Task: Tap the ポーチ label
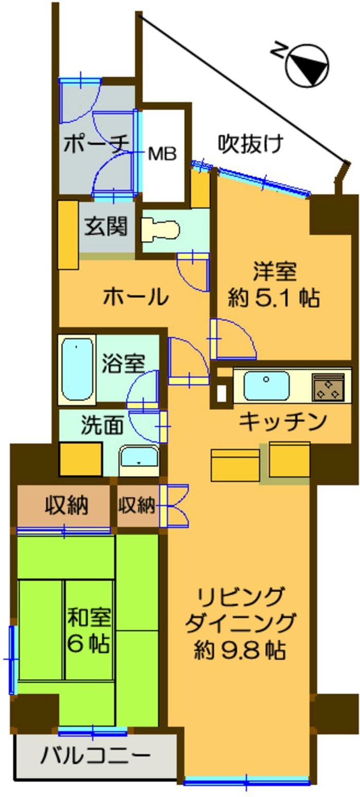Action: click(x=95, y=145)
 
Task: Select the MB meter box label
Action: click(x=163, y=153)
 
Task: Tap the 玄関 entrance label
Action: click(x=106, y=226)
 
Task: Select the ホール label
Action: click(x=136, y=297)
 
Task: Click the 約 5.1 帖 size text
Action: click(x=274, y=298)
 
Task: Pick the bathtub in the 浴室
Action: click(x=77, y=369)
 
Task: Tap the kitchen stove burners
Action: click(x=328, y=387)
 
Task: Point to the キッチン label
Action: click(x=283, y=421)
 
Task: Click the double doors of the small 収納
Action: click(x=174, y=506)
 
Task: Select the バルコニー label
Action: click(x=96, y=756)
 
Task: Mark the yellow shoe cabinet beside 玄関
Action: click(x=67, y=234)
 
